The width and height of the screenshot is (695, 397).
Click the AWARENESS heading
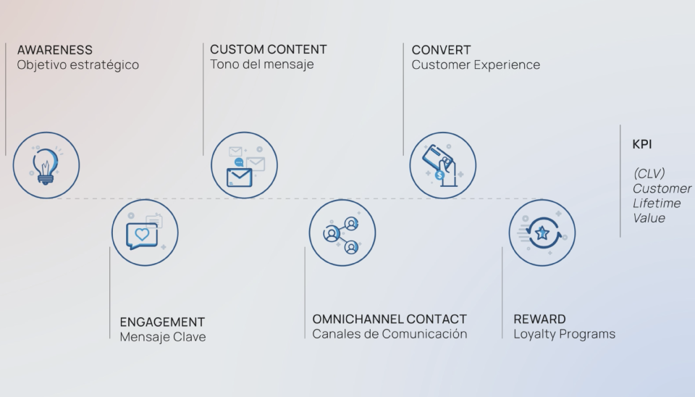pyautogui.click(x=55, y=50)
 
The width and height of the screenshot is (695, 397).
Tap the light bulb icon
pyautogui.click(x=46, y=165)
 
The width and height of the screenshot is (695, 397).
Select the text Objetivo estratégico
pyautogui.click(x=77, y=65)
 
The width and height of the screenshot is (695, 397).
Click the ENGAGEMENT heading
pyautogui.click(x=162, y=322)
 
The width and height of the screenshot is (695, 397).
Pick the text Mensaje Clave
pyautogui.click(x=163, y=337)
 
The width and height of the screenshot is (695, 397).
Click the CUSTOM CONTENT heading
pyautogui.click(x=269, y=49)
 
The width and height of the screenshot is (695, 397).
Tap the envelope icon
pyautogui.click(x=244, y=165)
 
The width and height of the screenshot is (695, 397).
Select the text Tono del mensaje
pyautogui.click(x=262, y=64)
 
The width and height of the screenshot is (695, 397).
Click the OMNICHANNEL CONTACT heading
pyautogui.click(x=389, y=319)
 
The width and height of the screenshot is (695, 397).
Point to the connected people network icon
pyautogui.click(x=342, y=233)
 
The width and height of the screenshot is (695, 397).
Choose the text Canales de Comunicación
pyautogui.click(x=389, y=334)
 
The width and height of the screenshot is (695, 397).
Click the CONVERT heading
pyautogui.click(x=442, y=50)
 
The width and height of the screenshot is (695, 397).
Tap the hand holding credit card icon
pyautogui.click(x=443, y=165)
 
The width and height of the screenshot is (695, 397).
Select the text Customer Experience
pyautogui.click(x=476, y=65)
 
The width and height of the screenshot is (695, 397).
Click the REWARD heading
pyautogui.click(x=539, y=319)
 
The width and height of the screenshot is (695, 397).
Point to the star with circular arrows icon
pyautogui.click(x=542, y=233)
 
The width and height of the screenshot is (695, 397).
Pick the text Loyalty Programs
pyautogui.click(x=564, y=334)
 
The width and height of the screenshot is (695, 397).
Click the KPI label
pyautogui.click(x=642, y=144)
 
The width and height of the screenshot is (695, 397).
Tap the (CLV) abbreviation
pyautogui.click(x=649, y=174)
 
